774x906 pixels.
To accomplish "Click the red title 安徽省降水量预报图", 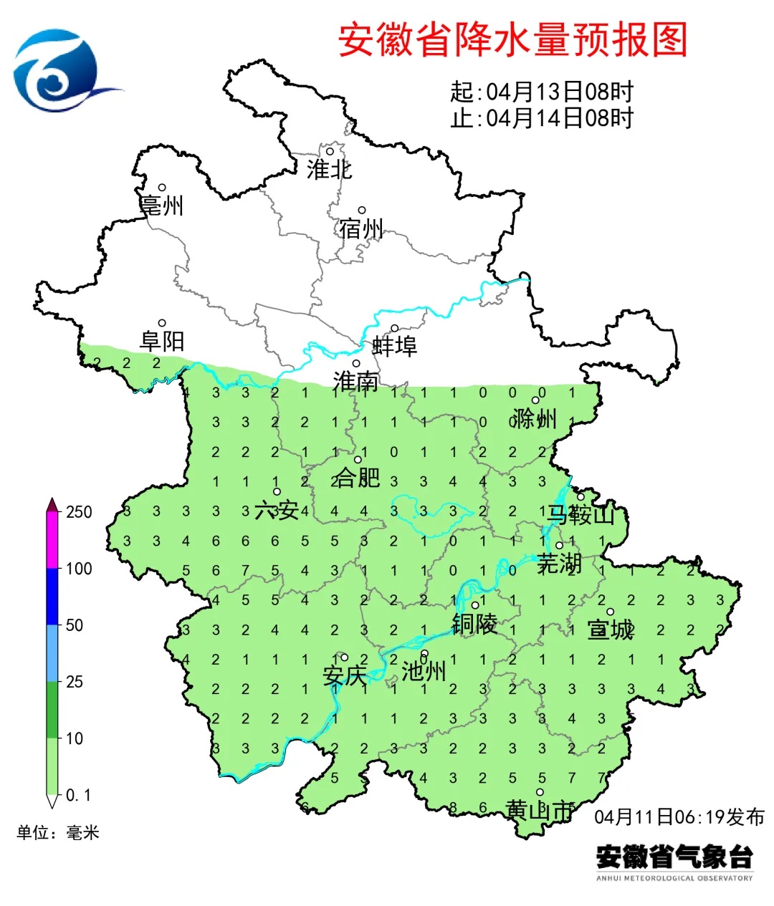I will pyautogui.click(x=512, y=40).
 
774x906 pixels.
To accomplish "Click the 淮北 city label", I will pyautogui.click(x=329, y=170).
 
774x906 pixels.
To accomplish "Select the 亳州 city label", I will pyautogui.click(x=162, y=206).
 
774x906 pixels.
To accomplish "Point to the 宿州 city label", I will pyautogui.click(x=361, y=228).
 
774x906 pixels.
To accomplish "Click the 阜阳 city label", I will pyautogui.click(x=162, y=341).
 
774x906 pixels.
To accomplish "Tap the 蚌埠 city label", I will pyautogui.click(x=394, y=346).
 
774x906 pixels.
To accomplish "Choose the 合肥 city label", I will pyautogui.click(x=356, y=477).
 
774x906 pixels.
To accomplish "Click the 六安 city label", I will pyautogui.click(x=277, y=510).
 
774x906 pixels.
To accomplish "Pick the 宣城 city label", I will pyautogui.click(x=611, y=630).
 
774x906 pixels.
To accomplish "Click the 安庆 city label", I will pyautogui.click(x=345, y=675).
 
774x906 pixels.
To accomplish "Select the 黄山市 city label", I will pyautogui.click(x=540, y=810).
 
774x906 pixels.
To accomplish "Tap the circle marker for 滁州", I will pyautogui.click(x=535, y=400).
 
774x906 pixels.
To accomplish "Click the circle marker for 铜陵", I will pyautogui.click(x=474, y=605).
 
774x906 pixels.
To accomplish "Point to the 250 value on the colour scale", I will pyautogui.click(x=79, y=512).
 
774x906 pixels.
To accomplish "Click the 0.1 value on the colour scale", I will pyautogui.click(x=79, y=795).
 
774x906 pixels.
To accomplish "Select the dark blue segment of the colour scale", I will pyautogui.click(x=52, y=597).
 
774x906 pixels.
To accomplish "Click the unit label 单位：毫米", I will pyautogui.click(x=58, y=832).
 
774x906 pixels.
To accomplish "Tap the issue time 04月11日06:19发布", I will pyautogui.click(x=679, y=816).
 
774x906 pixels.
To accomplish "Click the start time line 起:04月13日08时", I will pyautogui.click(x=542, y=92).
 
